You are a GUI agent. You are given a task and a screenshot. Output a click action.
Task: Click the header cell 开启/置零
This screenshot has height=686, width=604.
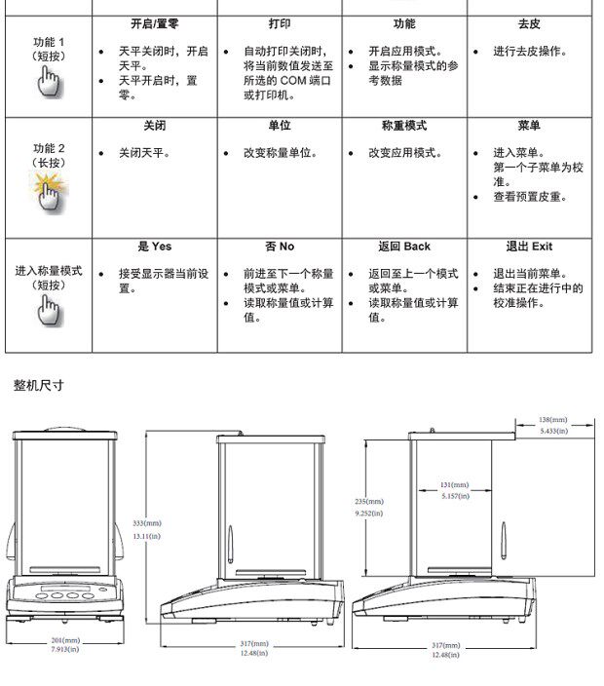pos(155,23)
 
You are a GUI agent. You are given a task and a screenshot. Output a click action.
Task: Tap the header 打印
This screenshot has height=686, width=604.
pos(279,23)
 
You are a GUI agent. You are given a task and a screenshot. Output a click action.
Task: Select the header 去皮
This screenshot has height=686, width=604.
pos(530,23)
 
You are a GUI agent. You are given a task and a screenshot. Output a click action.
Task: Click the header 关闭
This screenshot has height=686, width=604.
pos(155,126)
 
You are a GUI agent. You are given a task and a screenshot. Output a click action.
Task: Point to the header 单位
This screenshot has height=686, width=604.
pos(279,126)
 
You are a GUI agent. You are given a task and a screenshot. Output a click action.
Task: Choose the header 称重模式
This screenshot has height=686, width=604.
pos(404,126)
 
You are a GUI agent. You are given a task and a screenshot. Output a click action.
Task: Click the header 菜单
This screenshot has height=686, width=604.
pos(530,126)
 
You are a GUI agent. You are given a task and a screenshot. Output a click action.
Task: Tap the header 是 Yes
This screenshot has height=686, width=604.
pos(155,247)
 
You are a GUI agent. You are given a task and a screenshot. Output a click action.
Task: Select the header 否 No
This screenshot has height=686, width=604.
pos(279,247)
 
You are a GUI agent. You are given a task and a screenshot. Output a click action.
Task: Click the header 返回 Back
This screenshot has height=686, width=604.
pos(404,247)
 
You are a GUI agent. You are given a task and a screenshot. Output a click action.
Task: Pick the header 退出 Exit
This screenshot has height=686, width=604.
pos(530,247)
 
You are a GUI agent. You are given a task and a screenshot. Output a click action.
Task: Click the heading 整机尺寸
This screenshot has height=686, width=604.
pos(39,385)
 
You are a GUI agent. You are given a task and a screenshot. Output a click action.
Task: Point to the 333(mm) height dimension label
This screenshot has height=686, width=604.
pos(146,523)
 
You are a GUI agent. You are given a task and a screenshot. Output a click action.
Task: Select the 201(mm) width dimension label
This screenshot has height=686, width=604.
pos(65,640)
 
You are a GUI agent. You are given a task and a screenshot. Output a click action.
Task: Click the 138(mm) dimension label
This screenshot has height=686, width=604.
pos(552,420)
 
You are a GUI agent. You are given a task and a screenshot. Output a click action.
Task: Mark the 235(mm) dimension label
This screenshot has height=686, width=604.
pos(368,501)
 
